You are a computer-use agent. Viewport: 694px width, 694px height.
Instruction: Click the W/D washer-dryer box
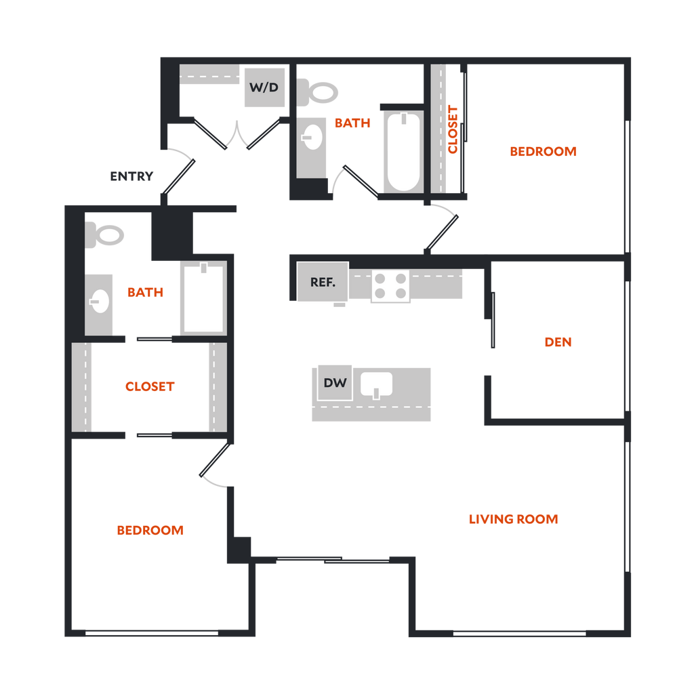coord(264,87)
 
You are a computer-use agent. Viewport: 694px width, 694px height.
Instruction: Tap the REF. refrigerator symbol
coord(323,282)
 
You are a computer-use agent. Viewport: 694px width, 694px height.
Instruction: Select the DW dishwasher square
coord(335,383)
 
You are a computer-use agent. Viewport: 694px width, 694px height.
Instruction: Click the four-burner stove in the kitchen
coord(391,285)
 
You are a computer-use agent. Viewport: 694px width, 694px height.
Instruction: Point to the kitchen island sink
coord(377,384)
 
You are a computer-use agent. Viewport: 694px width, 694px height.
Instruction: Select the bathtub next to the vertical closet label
coord(403,152)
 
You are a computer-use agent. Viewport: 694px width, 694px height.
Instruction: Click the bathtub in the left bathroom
coord(202,298)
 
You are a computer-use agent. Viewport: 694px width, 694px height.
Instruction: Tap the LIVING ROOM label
coord(514,520)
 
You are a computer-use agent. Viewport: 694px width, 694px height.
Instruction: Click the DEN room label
coord(558,343)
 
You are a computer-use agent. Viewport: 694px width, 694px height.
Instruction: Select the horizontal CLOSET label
coord(150,387)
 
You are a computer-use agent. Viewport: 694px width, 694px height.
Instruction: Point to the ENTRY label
coord(132,176)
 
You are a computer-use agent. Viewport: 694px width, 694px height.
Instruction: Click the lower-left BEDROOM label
coord(150,530)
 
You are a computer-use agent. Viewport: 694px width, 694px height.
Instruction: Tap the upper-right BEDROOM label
coord(543,152)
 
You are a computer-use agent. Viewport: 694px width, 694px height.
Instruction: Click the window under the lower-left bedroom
coord(152,634)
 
